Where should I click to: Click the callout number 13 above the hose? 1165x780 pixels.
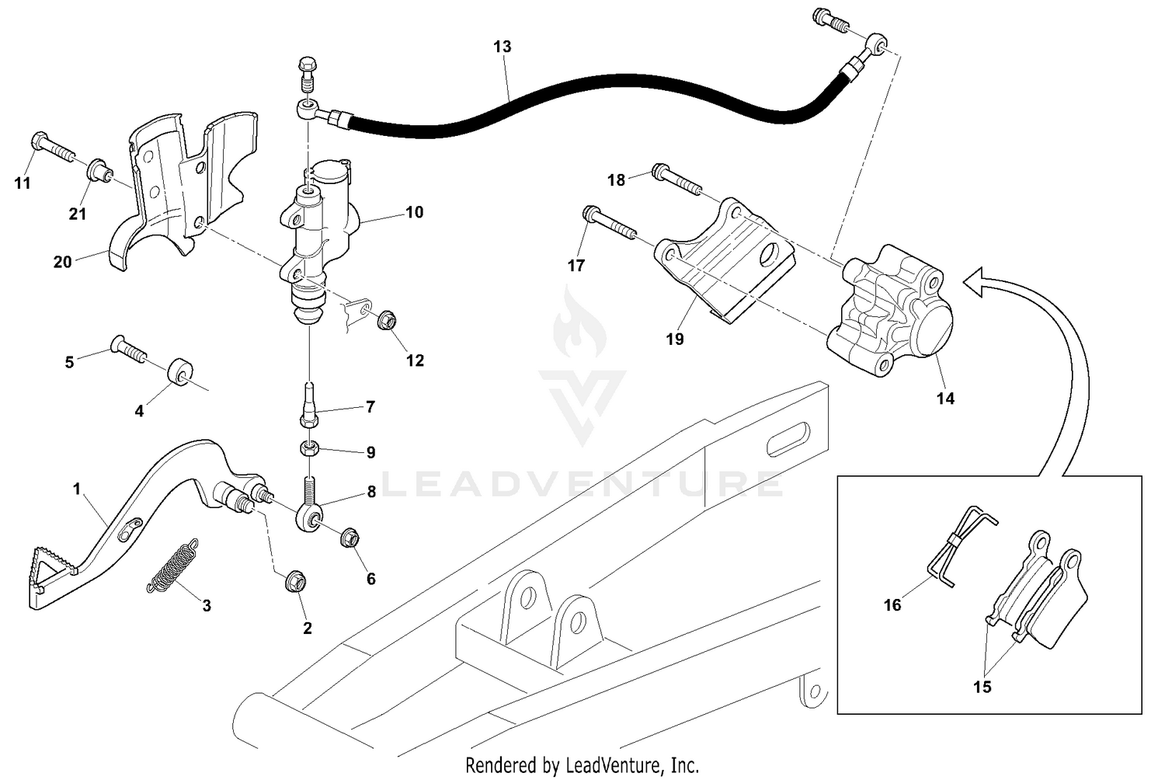(503, 47)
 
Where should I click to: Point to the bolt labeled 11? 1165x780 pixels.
(50, 148)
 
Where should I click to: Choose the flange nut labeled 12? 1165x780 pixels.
(385, 319)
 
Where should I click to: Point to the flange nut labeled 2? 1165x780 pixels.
(296, 580)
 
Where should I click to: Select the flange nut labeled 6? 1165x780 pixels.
(349, 537)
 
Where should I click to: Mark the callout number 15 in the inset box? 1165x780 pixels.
(982, 688)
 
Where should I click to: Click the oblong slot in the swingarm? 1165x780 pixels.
(788, 440)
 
